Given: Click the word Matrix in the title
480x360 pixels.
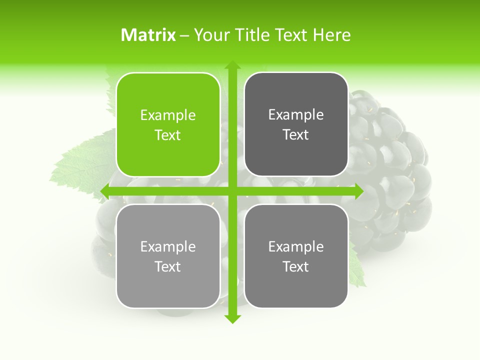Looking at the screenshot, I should tap(148, 35).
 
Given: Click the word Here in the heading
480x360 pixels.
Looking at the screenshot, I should tap(331, 35).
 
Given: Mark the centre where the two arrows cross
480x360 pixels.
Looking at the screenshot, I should tap(232, 191).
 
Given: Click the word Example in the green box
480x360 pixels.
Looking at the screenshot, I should tap(168, 115).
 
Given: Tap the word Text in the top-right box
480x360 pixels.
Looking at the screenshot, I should tap(296, 135).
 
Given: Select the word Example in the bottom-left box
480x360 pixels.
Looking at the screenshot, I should tap(168, 246).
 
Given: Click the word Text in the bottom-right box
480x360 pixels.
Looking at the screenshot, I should tap(296, 266).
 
